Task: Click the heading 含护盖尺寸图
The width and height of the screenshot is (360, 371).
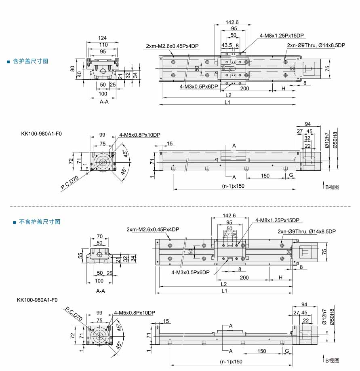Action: pyautogui.click(x=30, y=61)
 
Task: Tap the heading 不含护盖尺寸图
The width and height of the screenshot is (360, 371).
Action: pyautogui.click(x=40, y=222)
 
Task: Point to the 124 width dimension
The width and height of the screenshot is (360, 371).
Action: pyautogui.click(x=102, y=38)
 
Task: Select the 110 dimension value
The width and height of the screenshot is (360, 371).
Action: pyautogui.click(x=103, y=45)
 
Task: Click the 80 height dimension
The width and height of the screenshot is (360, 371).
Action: pyautogui.click(x=72, y=69)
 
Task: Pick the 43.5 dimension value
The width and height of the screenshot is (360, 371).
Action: pyautogui.click(x=227, y=45)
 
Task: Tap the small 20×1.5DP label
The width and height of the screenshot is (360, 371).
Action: pyautogui.click(x=230, y=234)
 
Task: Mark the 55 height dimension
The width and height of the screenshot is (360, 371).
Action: pyautogui.click(x=80, y=256)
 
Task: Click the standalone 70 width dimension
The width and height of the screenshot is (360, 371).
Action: pyautogui.click(x=100, y=236)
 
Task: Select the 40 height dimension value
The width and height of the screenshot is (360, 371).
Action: pyautogui.click(x=79, y=74)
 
